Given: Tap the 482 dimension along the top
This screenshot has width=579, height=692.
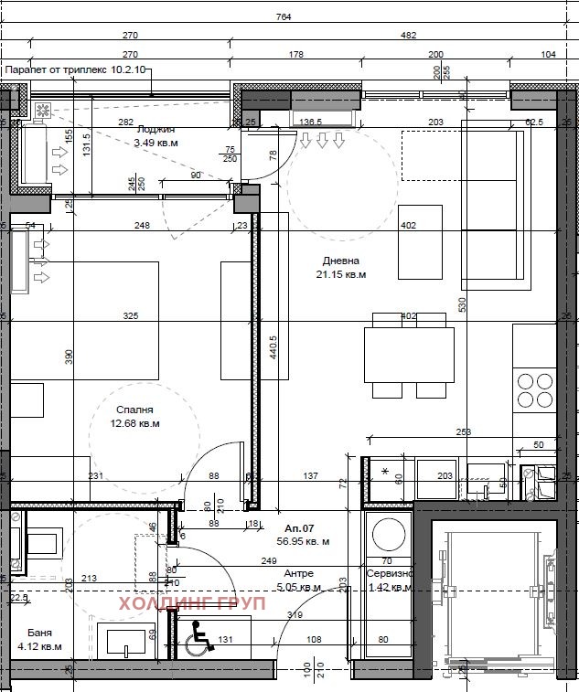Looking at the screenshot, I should click(408, 36).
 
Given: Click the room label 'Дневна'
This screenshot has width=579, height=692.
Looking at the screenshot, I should click(340, 261).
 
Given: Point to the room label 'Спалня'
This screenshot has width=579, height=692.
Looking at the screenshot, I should click(134, 410).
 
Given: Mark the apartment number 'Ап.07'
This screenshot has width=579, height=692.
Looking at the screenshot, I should click(300, 528).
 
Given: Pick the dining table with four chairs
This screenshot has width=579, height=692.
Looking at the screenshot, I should click(409, 355).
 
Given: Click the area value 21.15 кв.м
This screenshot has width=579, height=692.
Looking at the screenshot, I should click(340, 274).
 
